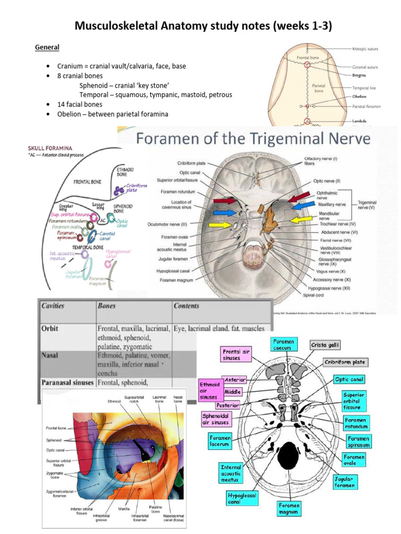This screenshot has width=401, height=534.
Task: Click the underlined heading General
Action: [47, 47]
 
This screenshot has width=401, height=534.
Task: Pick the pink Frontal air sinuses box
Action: [238, 355]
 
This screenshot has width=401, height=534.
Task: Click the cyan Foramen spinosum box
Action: [358, 441]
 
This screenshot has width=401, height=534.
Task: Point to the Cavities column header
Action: [54, 305]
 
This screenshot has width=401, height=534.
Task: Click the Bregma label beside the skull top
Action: [362, 75]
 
